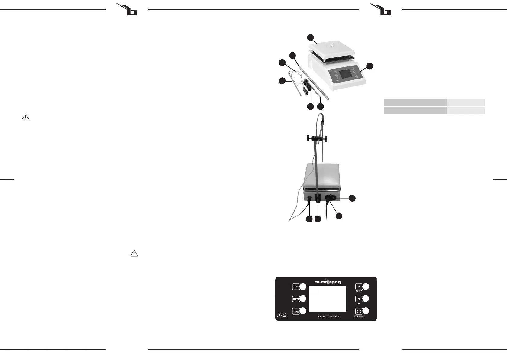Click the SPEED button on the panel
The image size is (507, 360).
tap(296, 299)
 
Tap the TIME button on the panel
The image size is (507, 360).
tap(296, 312)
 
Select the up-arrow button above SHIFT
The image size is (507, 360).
tap(359, 287)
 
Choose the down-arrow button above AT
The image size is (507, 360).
tap(359, 299)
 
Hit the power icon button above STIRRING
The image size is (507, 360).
tap(359, 311)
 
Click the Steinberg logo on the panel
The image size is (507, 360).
tap(328, 282)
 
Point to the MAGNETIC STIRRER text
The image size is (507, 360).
tap(328, 316)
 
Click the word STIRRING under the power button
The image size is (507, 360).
tap(359, 316)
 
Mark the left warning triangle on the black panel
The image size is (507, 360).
tap(280, 315)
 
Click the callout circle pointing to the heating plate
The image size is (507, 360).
tap(310, 37)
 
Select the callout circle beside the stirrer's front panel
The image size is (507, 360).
tap(370, 66)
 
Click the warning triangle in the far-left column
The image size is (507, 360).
tap(25, 117)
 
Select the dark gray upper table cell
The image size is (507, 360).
tap(415, 102)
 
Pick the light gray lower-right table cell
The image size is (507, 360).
tap(466, 110)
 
